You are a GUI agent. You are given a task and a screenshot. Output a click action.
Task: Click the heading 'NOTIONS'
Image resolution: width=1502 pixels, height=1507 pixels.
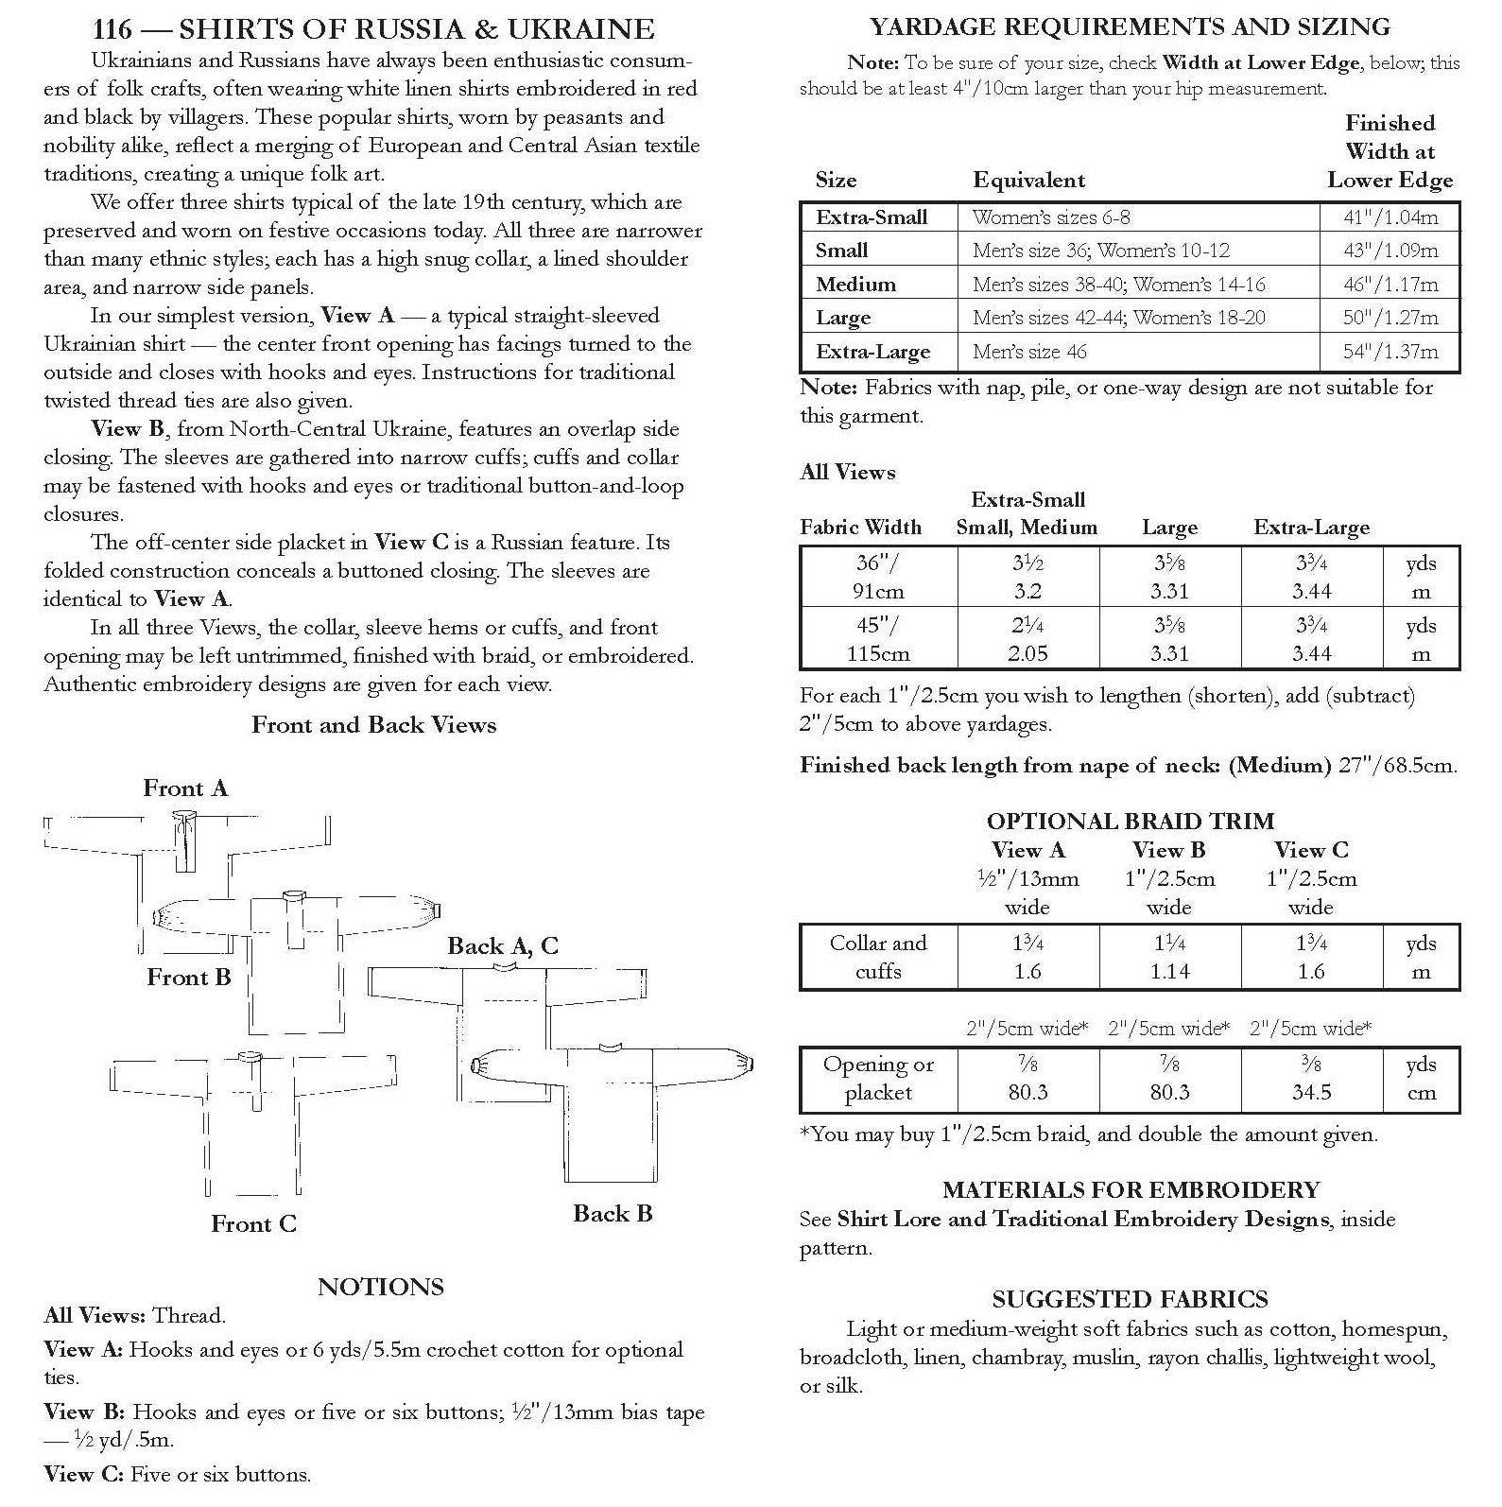[380, 1287]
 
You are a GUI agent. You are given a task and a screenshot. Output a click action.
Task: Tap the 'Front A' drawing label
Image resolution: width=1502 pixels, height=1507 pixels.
[185, 788]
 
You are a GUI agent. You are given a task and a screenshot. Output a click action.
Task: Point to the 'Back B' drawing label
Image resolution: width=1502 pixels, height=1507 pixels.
[613, 1214]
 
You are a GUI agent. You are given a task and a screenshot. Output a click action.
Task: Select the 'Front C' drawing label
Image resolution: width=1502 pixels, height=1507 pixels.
[253, 1224]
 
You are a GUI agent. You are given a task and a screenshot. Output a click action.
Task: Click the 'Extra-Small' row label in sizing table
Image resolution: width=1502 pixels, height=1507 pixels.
[872, 217]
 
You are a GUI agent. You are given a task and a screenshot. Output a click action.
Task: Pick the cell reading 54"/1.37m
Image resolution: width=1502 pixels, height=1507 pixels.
[1390, 352]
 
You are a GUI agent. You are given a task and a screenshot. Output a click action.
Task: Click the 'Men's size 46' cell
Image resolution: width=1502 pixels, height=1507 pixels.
[1029, 352]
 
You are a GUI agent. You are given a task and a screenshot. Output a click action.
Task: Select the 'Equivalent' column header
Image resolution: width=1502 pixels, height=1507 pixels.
[1028, 181]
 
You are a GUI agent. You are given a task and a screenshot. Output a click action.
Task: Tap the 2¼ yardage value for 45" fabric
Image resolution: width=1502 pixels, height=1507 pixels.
[1027, 626]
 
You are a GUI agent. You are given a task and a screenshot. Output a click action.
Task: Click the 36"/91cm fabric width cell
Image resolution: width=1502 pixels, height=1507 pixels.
[878, 577]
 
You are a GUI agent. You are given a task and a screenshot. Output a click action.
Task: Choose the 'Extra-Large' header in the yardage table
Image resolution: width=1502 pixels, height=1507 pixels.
[1311, 528]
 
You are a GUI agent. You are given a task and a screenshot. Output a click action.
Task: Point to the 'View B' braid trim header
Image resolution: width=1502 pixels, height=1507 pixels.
[1169, 850]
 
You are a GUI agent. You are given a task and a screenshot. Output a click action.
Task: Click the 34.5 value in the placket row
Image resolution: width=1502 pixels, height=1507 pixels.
[1311, 1093]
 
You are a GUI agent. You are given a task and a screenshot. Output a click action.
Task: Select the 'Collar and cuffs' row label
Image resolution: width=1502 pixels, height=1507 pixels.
[878, 957]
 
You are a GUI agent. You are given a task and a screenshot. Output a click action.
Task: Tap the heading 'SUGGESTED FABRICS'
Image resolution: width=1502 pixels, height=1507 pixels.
[1130, 1299]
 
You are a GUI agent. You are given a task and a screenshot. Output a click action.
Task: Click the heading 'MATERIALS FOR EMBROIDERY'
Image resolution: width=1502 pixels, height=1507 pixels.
[1131, 1189]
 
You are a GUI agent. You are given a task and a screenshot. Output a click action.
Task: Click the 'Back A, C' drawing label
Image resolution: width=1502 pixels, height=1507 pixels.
[503, 945]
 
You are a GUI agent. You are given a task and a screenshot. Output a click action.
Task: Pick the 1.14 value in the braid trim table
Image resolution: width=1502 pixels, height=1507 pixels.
[1169, 972]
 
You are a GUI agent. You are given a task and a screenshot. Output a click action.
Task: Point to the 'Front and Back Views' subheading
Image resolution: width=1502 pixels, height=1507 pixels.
[373, 725]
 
